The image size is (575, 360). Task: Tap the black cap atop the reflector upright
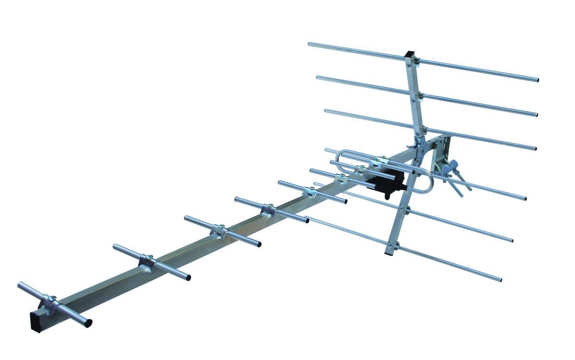pyautogui.click(x=410, y=55)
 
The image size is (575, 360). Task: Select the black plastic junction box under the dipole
pyautogui.click(x=386, y=185)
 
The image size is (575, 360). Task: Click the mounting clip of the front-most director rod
pyautogui.click(x=50, y=302)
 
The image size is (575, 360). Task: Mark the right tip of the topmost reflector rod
pyautogui.click(x=536, y=80)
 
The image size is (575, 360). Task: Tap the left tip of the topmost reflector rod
pyautogui.click(x=310, y=45)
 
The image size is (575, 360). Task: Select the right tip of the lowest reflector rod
pyautogui.click(x=500, y=279)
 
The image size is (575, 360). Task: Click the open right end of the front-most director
pyautogui.click(x=89, y=322)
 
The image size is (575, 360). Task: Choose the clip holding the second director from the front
pyautogui.click(x=147, y=262)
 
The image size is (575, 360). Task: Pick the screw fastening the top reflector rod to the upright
pyautogui.click(x=417, y=61)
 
